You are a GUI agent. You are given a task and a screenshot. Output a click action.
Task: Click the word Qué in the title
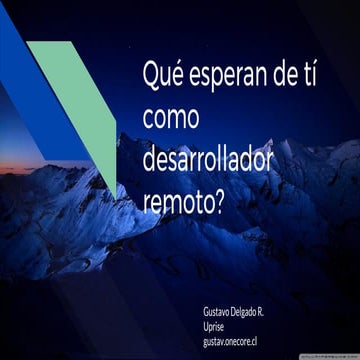coord(164,76)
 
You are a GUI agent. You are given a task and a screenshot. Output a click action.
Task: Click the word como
coord(172,117)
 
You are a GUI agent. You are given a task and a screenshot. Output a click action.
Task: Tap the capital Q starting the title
coord(152,75)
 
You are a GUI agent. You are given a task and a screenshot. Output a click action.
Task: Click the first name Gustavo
coord(218,313)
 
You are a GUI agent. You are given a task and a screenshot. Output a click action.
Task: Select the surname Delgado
coord(253,313)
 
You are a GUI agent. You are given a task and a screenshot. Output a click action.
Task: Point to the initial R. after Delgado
coord(275,313)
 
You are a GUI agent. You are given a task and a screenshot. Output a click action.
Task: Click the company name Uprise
coord(214,327)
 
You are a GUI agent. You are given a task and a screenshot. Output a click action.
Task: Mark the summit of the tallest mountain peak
coord(130,134)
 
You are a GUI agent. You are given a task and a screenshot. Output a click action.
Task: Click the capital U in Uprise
coord(206,327)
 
